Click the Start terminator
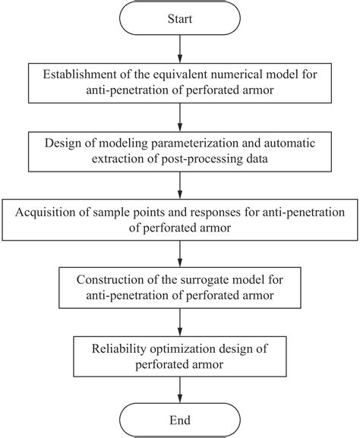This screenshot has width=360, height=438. [x=180, y=18]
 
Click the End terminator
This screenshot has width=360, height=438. [x=180, y=420]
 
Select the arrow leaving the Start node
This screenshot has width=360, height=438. [x=180, y=49]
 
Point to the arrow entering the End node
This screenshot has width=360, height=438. [x=180, y=389]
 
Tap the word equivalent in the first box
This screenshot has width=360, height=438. [x=182, y=75]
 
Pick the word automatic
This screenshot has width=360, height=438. [x=289, y=143]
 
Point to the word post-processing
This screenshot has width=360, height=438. [x=202, y=159]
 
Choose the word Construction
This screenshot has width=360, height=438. [x=110, y=279]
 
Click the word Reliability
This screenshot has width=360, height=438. [x=118, y=349]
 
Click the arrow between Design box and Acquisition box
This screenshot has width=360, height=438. [x=180, y=185]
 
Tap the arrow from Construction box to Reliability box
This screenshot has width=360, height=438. [x=180, y=323]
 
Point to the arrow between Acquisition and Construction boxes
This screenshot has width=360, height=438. [x=180, y=254]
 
